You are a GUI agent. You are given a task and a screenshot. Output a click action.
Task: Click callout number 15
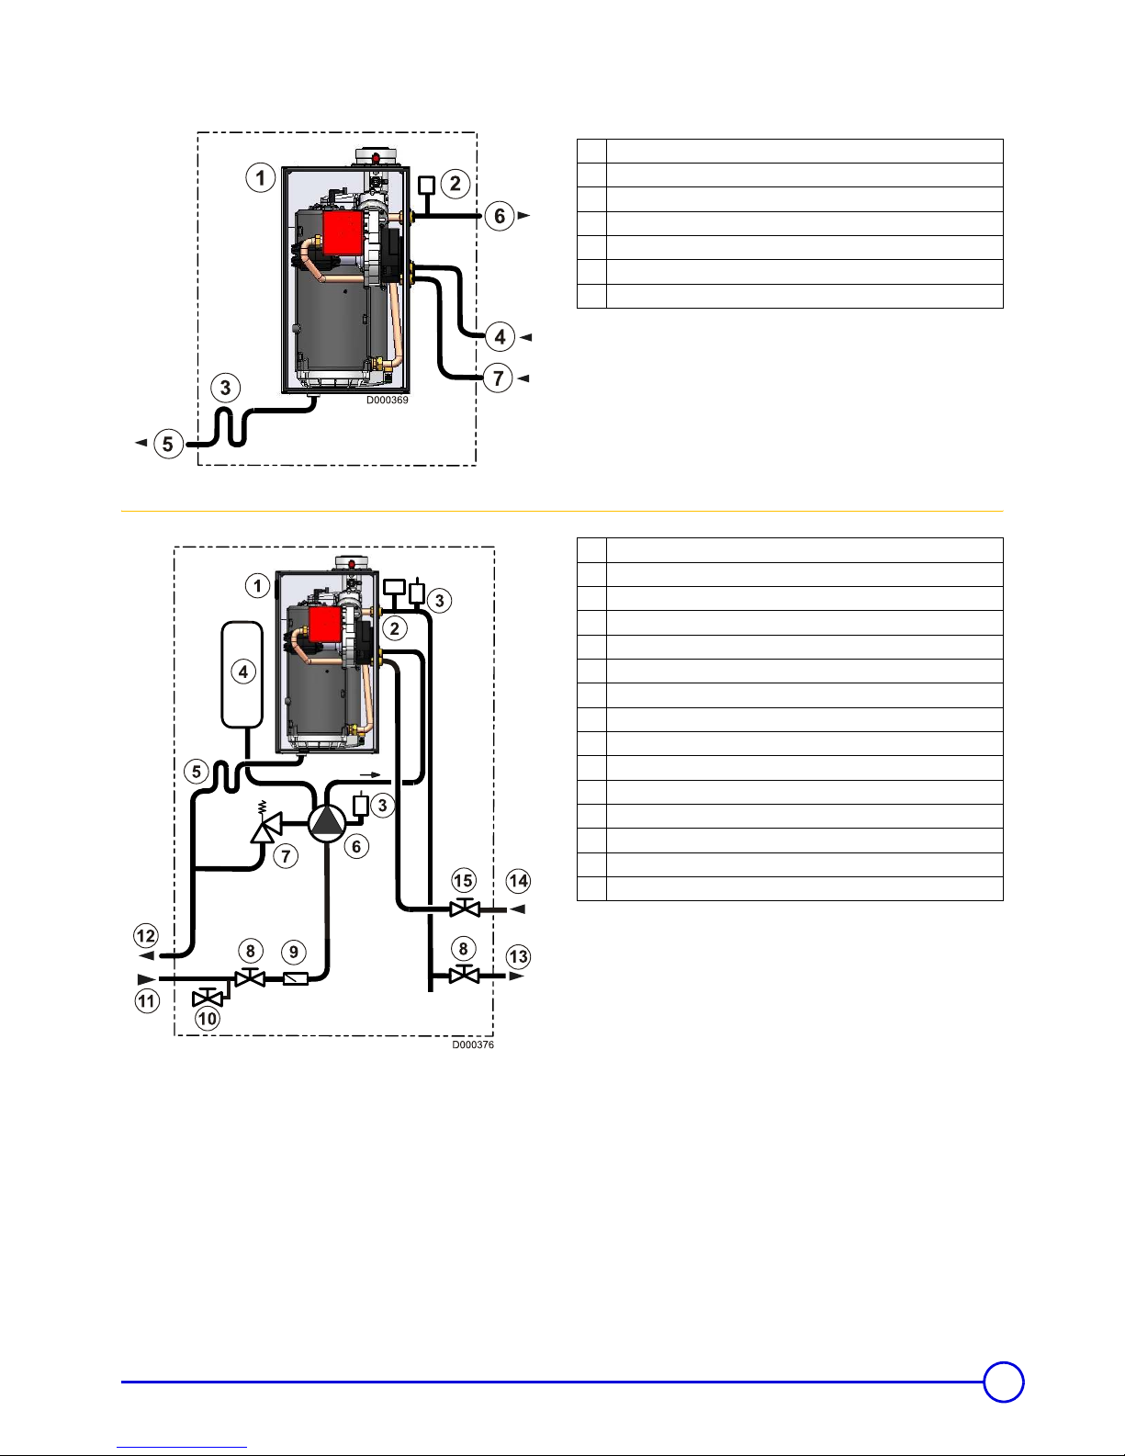(464, 880)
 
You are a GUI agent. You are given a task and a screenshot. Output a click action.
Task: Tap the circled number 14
(518, 880)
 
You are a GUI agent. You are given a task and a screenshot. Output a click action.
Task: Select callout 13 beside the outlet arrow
(518, 957)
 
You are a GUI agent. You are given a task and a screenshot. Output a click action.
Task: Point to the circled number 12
(146, 935)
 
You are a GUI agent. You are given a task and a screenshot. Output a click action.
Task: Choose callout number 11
(147, 1001)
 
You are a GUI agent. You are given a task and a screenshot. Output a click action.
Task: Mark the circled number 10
(207, 1019)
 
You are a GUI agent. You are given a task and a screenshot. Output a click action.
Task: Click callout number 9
(293, 952)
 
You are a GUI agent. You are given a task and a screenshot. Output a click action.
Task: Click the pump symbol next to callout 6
(327, 823)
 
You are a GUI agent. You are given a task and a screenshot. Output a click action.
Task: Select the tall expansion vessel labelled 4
(242, 674)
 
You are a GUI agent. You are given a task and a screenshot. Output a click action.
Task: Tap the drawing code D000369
(387, 400)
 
